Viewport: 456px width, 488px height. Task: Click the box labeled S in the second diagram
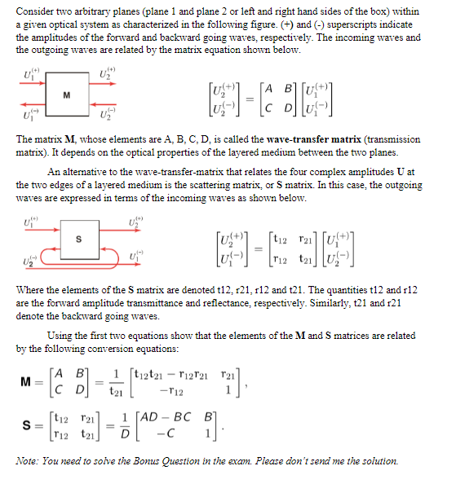[x=78, y=239]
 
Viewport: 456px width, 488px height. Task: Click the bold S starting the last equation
[x=28, y=429]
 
